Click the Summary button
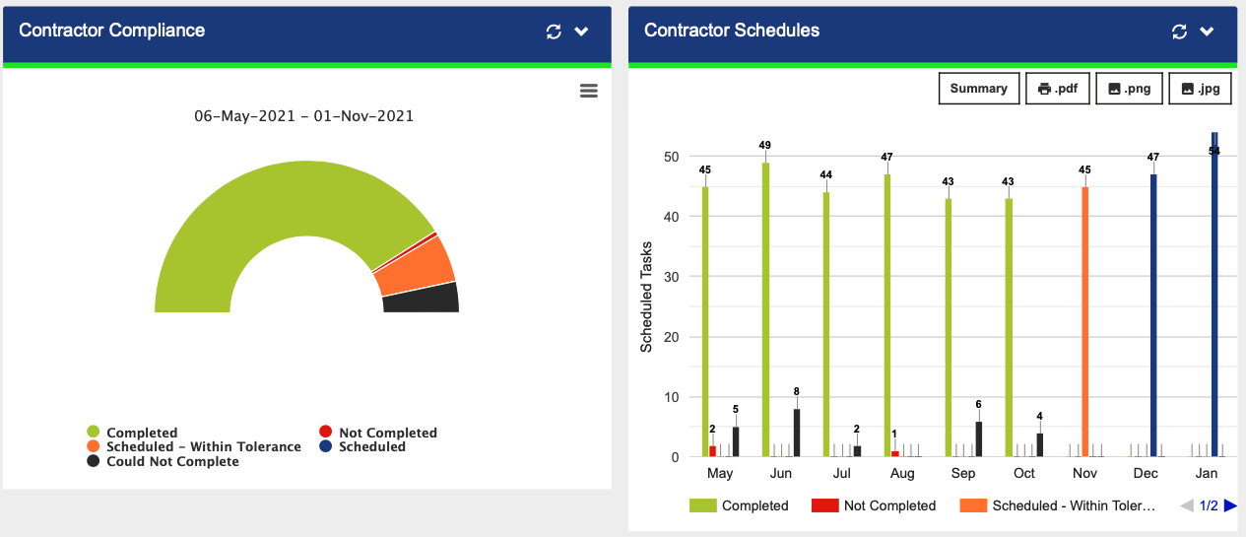coord(978,89)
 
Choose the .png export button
coord(1130,89)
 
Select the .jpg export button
coord(1200,89)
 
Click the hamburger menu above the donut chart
coord(589,91)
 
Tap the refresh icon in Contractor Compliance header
coord(554,32)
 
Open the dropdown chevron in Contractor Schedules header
coord(1208,32)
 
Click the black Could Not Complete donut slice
coord(422,299)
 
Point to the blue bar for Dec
coord(1153,315)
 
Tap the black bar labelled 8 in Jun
coord(796,434)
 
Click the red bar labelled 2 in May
coord(712,451)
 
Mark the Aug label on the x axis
coord(902,474)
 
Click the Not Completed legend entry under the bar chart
coord(874,505)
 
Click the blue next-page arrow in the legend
coord(1230,505)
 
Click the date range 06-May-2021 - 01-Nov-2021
coord(303,115)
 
